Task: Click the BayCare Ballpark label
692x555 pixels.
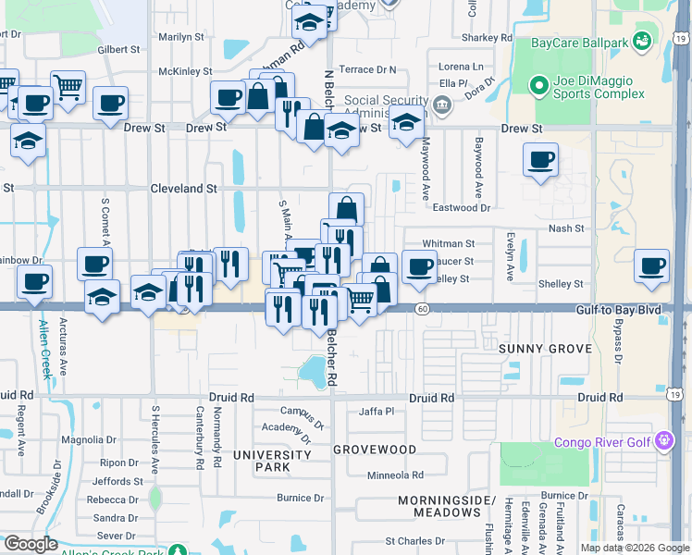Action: (x=580, y=43)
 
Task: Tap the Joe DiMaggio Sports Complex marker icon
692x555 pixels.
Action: (x=537, y=86)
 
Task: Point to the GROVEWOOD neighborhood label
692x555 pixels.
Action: (x=375, y=450)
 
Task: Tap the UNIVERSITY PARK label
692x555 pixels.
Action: (x=271, y=461)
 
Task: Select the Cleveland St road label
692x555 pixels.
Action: (x=183, y=188)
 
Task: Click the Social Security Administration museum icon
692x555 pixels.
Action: (x=441, y=104)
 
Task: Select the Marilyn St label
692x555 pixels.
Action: (x=180, y=37)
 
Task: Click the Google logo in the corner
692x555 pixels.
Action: (x=31, y=544)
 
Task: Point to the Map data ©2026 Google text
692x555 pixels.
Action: (x=634, y=548)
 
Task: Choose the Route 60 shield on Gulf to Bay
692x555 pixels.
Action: (x=422, y=308)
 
